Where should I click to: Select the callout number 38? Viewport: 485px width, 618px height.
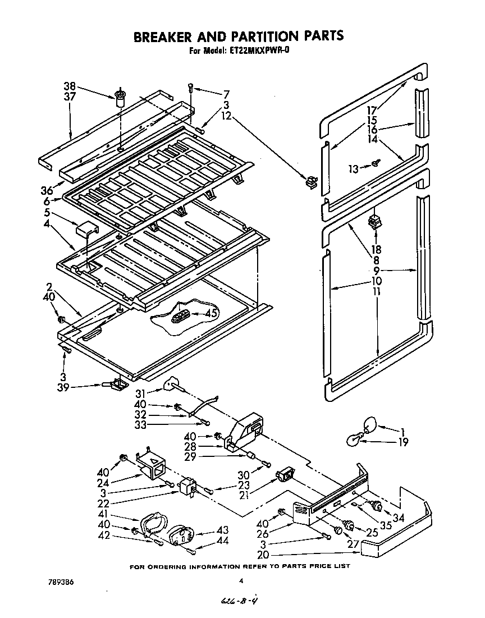click(x=69, y=86)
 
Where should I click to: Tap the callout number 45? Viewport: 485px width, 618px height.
click(x=212, y=314)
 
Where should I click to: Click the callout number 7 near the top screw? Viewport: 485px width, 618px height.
click(x=226, y=94)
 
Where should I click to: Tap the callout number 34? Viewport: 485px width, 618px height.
click(x=399, y=517)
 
